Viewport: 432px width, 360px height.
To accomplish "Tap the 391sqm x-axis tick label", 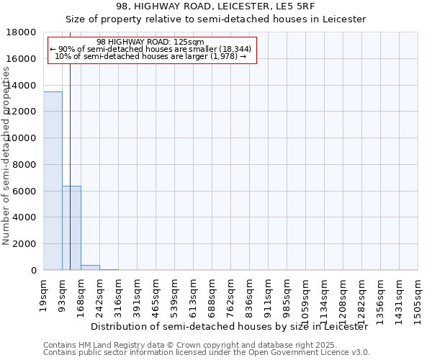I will (x=138, y=295).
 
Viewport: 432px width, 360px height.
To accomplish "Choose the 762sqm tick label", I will (x=231, y=295).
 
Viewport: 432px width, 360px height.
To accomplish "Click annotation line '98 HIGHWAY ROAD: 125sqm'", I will (x=150, y=42).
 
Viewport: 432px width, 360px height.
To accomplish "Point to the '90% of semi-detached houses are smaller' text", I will (x=150, y=49).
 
